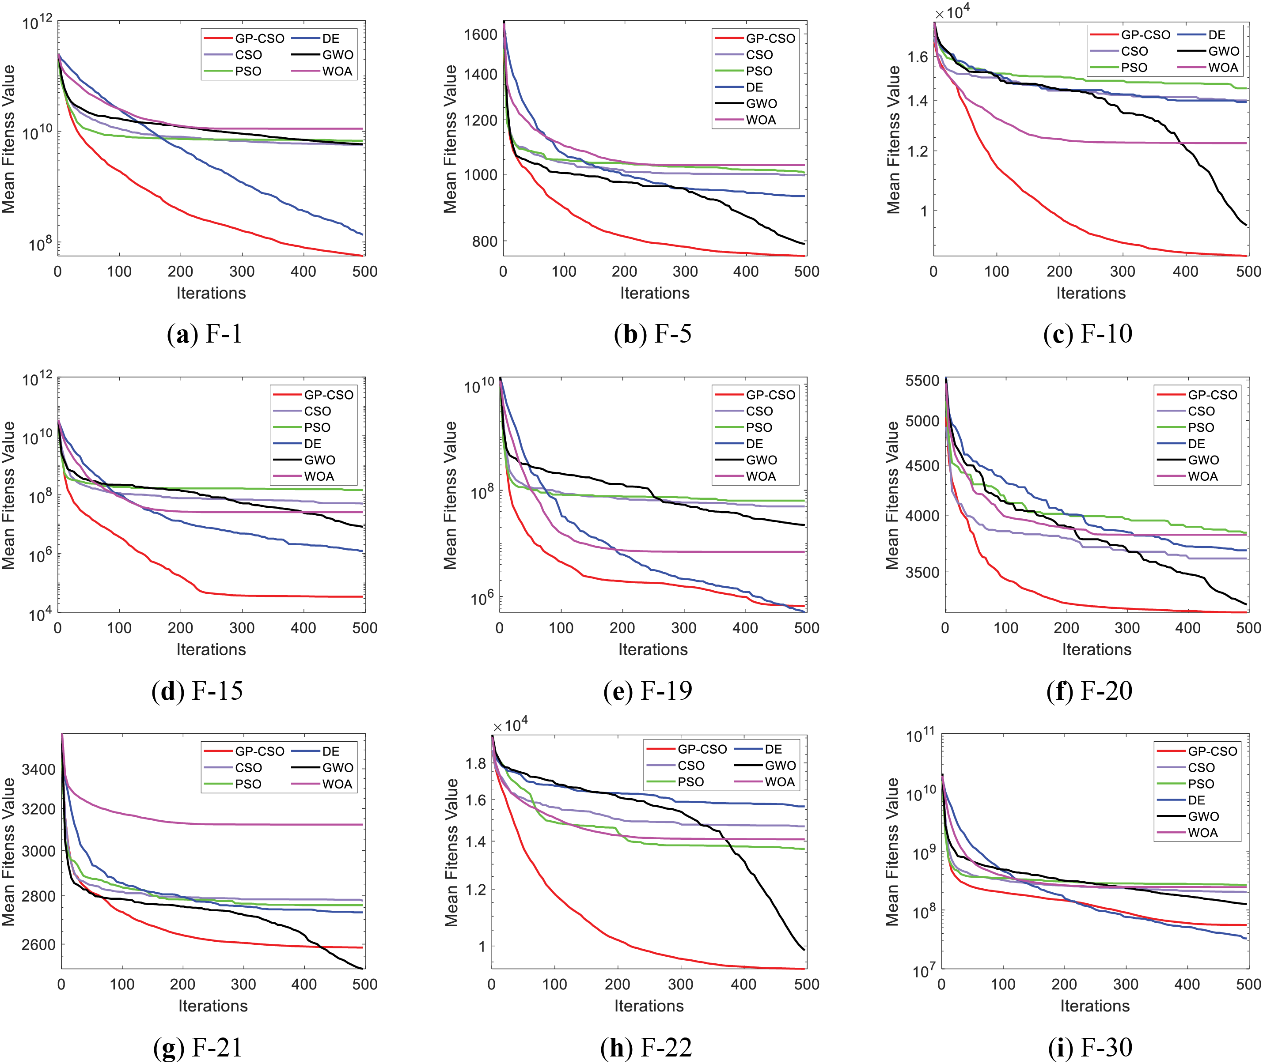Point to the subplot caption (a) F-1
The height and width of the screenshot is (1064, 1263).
(205, 334)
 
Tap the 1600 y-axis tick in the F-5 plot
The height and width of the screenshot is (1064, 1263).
(480, 34)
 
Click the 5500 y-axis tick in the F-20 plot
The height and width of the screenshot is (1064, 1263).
(922, 381)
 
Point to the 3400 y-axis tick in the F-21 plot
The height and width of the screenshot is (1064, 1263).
(38, 770)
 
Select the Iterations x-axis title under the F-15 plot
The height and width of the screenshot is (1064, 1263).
(211, 649)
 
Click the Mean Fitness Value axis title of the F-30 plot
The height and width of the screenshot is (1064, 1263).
(892, 852)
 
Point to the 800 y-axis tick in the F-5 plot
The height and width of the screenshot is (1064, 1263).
(485, 241)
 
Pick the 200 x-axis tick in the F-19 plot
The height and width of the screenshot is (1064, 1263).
(622, 628)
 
